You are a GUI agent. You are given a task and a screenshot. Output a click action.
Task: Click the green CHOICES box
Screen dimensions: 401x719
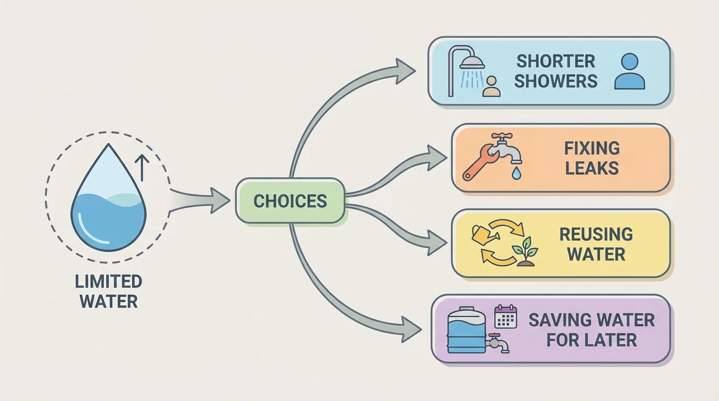[x=290, y=201]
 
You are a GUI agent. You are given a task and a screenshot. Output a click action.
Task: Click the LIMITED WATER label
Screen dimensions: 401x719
[x=109, y=291]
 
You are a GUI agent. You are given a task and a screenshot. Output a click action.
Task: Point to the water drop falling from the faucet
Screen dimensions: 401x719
[x=516, y=172]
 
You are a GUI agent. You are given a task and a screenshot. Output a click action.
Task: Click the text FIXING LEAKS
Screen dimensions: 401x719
[x=592, y=158]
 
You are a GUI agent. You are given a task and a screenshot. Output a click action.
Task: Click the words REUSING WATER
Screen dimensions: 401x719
[x=596, y=244]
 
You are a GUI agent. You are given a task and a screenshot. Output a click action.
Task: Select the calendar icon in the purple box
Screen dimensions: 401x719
[x=505, y=316]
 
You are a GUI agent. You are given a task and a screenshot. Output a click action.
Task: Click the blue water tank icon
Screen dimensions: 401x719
[x=467, y=330]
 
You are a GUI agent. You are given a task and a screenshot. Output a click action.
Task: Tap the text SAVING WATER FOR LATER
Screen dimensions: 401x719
[x=592, y=329]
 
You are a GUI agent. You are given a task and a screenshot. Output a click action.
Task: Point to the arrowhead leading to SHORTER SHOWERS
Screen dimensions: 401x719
[x=405, y=70]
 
